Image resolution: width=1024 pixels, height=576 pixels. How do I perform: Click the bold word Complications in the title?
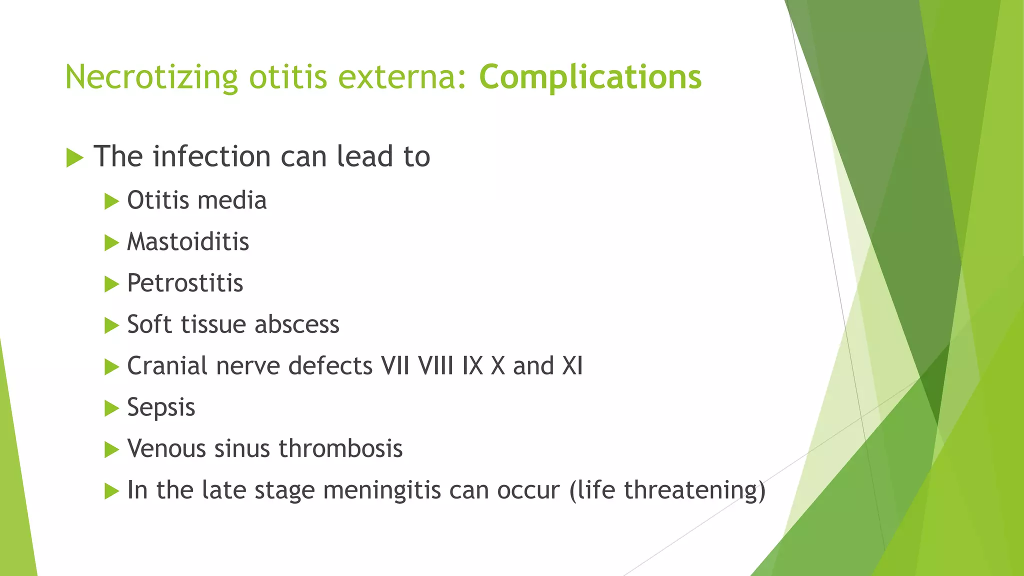point(590,77)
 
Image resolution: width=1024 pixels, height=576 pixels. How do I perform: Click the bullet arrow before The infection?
point(74,158)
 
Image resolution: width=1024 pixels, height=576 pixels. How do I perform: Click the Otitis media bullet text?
point(196,200)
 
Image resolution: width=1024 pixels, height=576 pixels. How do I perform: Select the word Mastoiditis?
point(188,242)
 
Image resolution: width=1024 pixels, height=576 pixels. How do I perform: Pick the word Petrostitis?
point(185,283)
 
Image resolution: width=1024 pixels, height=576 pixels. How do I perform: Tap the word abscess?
point(297,324)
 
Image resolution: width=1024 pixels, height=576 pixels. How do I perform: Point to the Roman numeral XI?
point(572,366)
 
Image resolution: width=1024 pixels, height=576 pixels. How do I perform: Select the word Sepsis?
point(161,407)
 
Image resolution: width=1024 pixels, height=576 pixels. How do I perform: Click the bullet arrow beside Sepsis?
point(111,408)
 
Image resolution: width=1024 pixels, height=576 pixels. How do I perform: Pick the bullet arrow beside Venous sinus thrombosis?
point(111,450)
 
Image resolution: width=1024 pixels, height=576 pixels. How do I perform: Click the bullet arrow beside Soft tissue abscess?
point(111,326)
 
